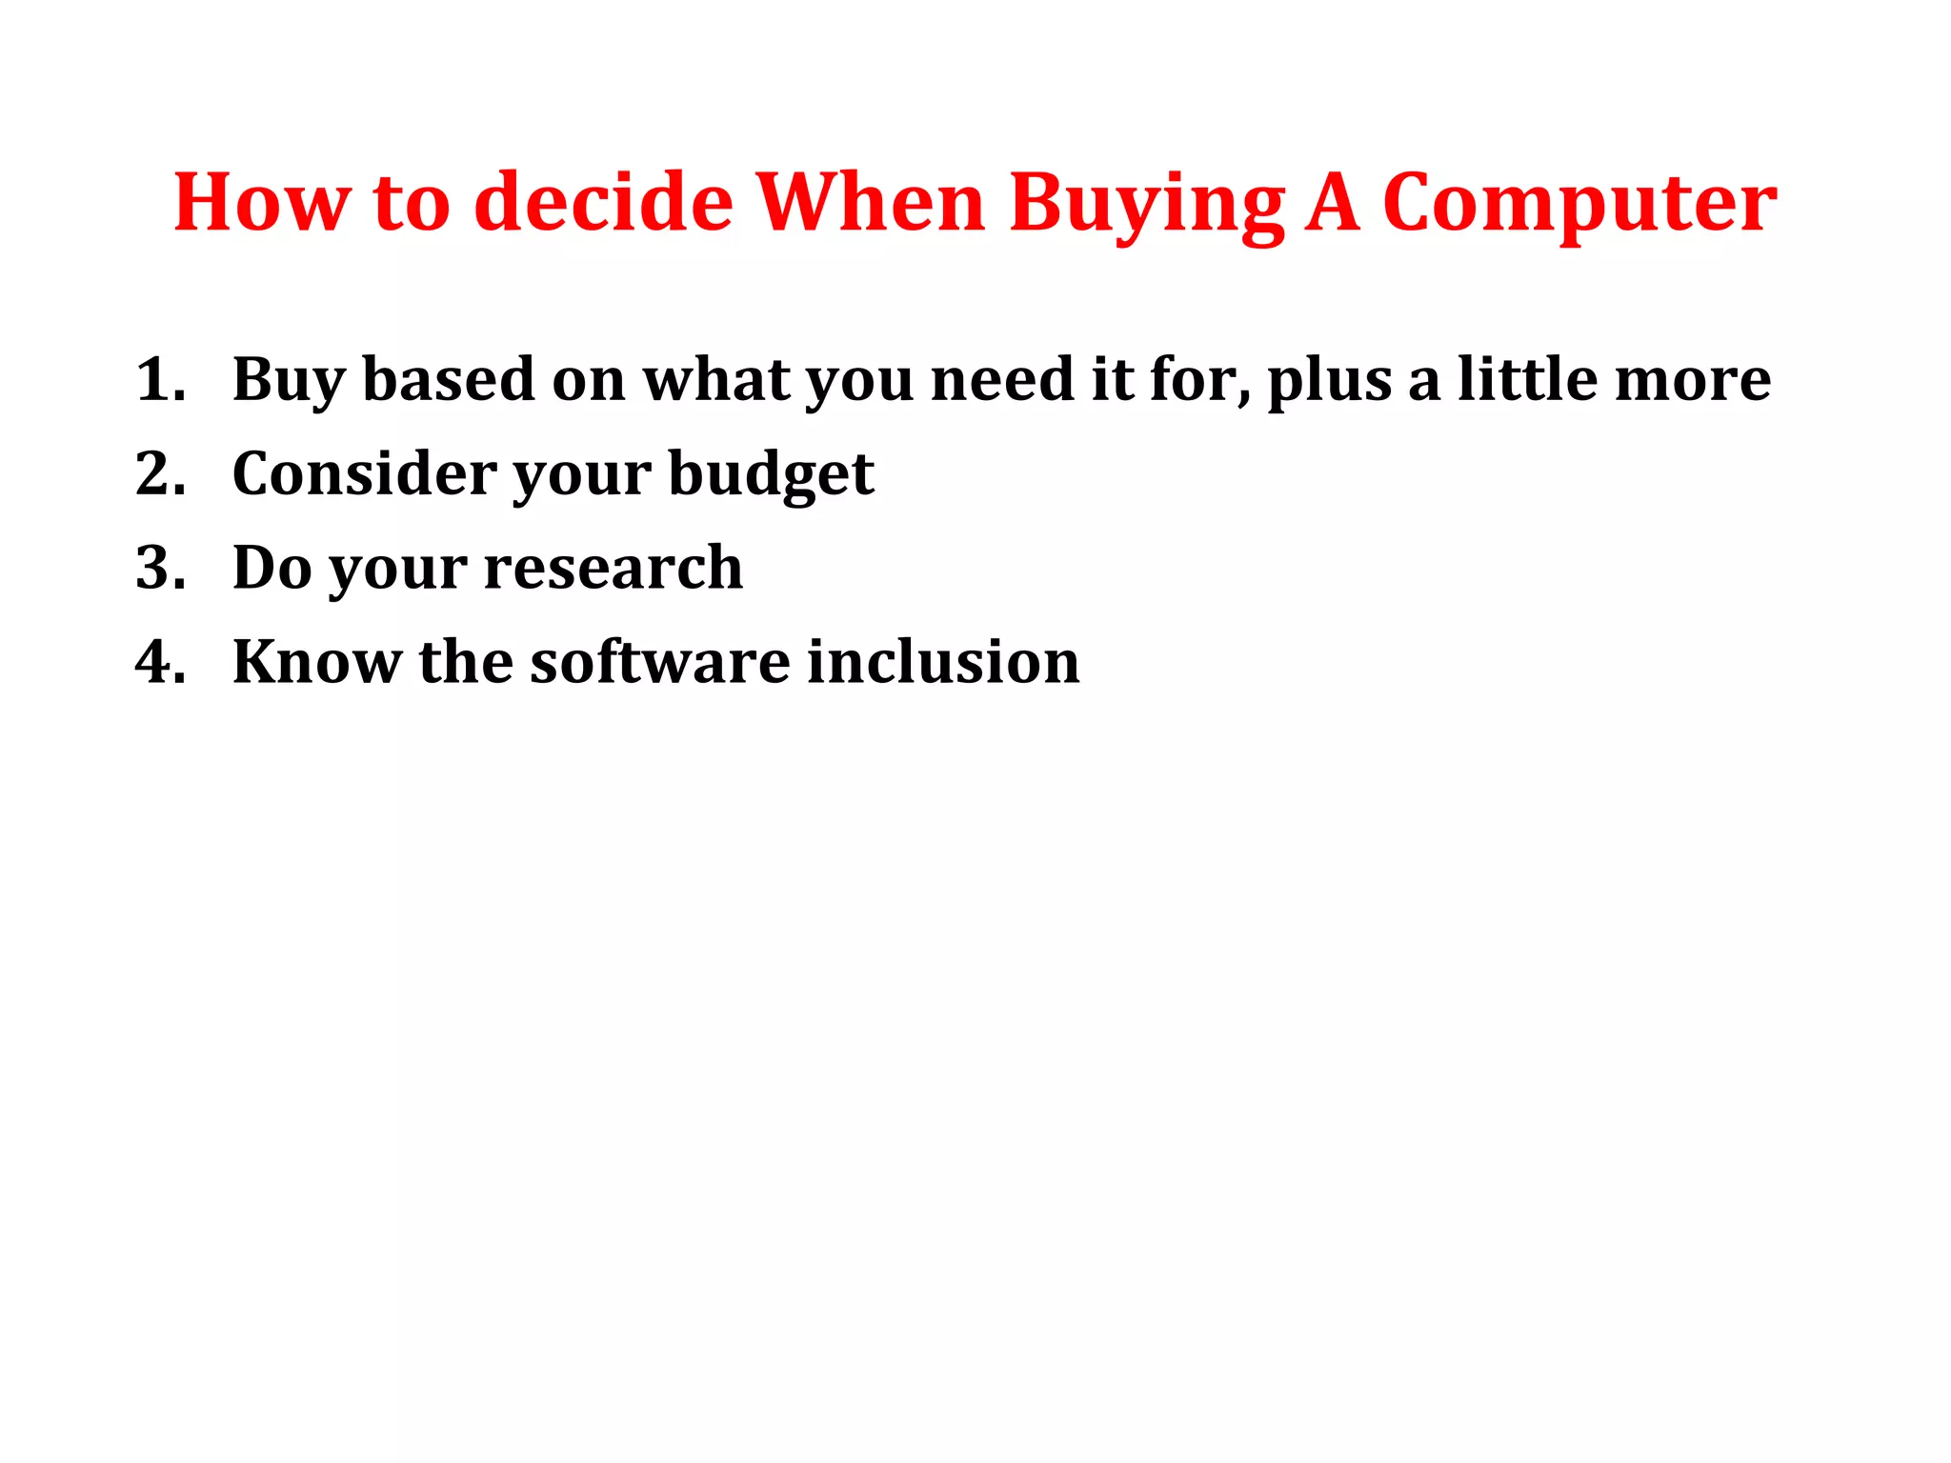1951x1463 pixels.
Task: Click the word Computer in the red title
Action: (1579, 203)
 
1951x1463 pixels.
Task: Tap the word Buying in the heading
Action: (1147, 203)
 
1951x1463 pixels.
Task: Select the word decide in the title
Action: (603, 203)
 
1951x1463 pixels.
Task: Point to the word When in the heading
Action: (871, 203)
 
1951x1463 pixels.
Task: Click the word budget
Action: (771, 473)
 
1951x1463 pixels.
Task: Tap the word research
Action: (613, 568)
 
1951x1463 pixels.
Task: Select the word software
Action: (659, 662)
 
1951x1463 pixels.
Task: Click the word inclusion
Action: (942, 662)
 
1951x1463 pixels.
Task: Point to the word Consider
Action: (364, 473)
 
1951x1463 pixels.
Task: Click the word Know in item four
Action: (316, 662)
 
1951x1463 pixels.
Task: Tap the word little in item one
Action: (1526, 380)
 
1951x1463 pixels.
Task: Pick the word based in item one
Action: (448, 380)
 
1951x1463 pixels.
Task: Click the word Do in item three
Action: (272, 568)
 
